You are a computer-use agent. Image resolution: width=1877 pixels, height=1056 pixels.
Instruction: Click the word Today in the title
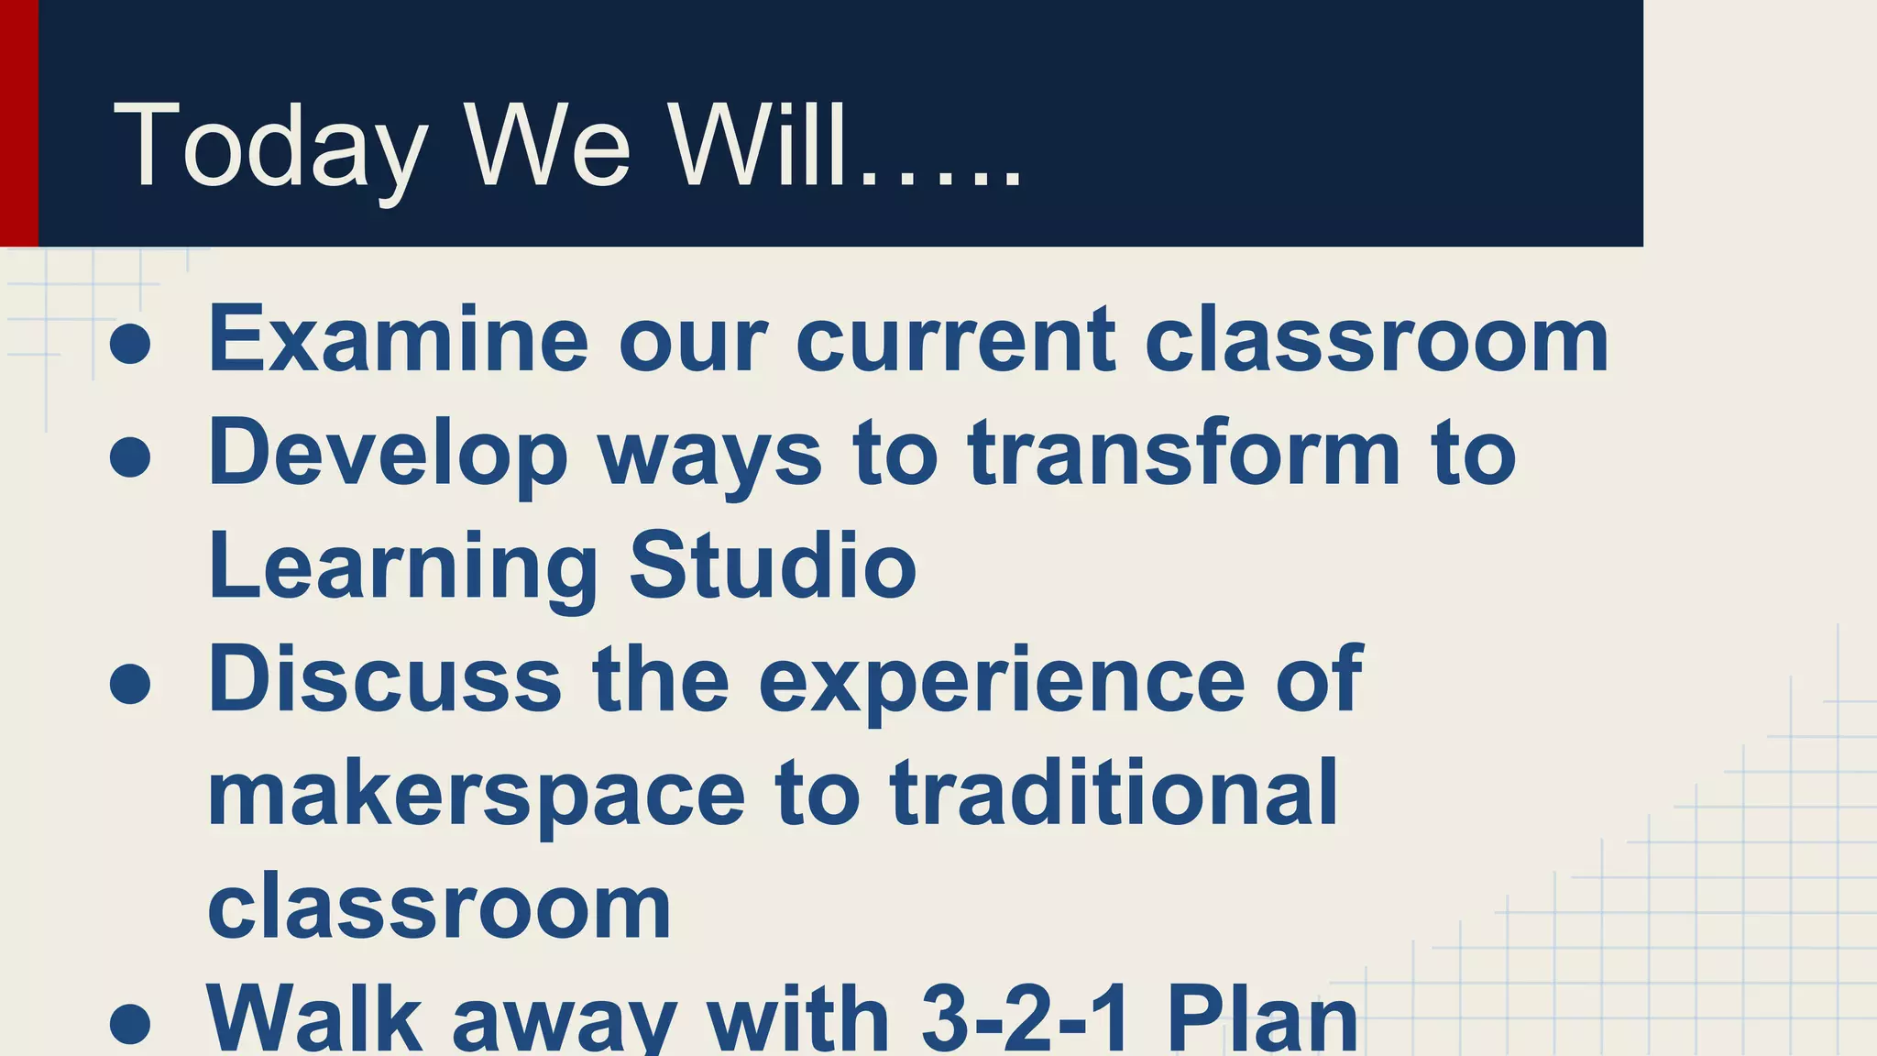[270, 147]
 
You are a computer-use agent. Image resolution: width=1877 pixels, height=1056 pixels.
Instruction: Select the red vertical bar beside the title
[18, 123]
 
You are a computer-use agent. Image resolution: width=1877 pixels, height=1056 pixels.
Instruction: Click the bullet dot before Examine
[130, 344]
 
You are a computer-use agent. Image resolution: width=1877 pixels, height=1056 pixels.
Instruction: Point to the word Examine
[398, 340]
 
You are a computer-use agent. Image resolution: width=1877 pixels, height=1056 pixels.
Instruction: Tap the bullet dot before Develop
[130, 456]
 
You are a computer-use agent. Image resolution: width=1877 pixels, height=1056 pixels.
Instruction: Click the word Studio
[773, 566]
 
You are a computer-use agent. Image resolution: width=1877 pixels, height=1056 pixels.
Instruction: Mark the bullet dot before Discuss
[130, 683]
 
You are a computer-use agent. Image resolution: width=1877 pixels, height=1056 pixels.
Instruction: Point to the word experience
[1002, 680]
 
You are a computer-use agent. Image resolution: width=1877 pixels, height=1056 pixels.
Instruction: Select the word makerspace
[477, 794]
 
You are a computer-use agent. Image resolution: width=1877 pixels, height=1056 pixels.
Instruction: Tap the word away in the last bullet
[565, 1019]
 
